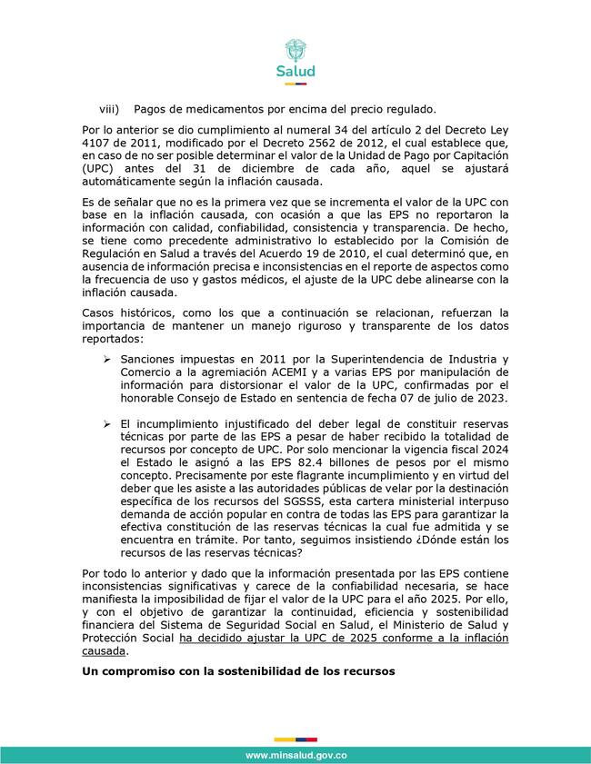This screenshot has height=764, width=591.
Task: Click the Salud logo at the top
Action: [x=295, y=59]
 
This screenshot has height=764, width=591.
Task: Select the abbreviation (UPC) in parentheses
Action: [x=101, y=168]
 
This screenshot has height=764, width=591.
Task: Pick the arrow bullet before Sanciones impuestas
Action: [x=107, y=358]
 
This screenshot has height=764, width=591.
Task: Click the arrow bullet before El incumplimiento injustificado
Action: [x=107, y=423]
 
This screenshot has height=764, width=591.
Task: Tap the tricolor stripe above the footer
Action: [x=295, y=739]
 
